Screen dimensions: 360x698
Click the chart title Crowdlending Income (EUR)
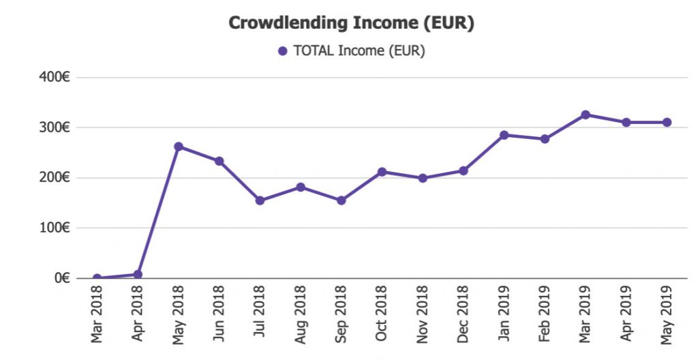(x=351, y=22)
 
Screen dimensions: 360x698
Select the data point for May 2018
(x=179, y=147)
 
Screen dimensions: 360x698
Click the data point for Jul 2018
(x=260, y=200)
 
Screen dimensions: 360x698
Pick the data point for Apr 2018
(x=138, y=274)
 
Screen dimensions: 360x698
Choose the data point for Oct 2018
(x=382, y=172)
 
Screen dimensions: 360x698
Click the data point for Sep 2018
(x=341, y=200)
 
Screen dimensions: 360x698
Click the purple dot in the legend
(x=283, y=51)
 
